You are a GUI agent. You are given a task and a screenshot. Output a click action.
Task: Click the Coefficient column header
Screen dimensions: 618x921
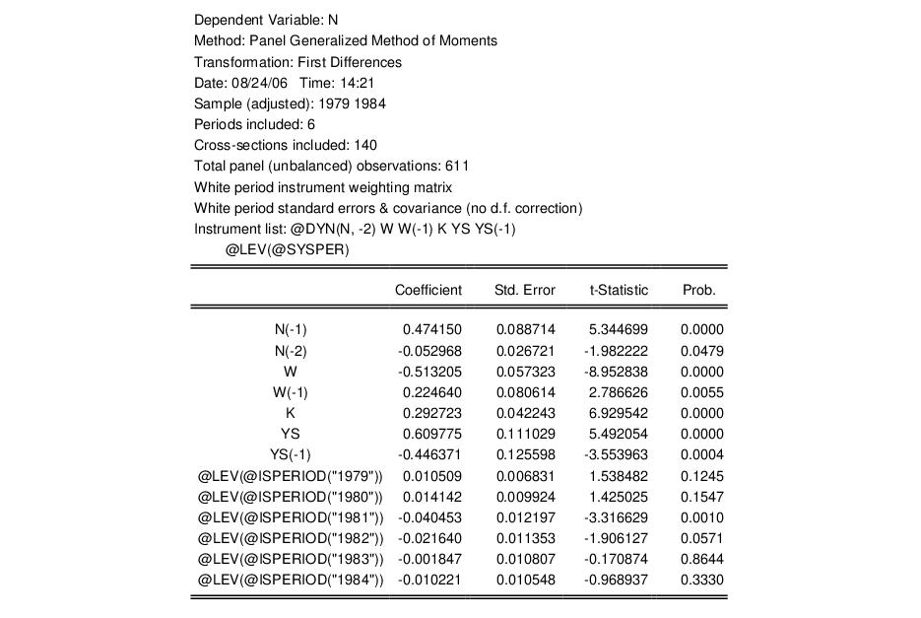[428, 290]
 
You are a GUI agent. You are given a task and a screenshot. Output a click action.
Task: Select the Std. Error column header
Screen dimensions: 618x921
[524, 290]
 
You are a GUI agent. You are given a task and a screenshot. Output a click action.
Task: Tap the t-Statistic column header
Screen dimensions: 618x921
[619, 290]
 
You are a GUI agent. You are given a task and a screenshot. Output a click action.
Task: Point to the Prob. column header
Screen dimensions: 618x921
[698, 290]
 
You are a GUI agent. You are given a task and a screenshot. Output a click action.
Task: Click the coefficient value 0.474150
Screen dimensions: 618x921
[431, 329]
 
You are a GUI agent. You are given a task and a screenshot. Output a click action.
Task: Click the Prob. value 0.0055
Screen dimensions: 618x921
[702, 392]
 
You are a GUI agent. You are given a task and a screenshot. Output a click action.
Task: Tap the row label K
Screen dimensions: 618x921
[291, 413]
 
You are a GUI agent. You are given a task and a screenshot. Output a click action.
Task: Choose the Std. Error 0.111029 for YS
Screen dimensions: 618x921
[525, 434]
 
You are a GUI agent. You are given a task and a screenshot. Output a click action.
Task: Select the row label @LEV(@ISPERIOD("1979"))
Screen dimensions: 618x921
[291, 476]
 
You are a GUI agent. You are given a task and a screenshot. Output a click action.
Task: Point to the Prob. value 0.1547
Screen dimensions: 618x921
[702, 497]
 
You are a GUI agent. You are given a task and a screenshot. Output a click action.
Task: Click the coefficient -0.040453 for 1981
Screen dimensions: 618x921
[429, 517]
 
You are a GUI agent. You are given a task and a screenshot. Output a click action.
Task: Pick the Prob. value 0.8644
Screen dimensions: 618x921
[702, 559]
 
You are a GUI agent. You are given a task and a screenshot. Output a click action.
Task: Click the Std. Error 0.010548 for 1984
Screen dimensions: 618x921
[525, 580]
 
